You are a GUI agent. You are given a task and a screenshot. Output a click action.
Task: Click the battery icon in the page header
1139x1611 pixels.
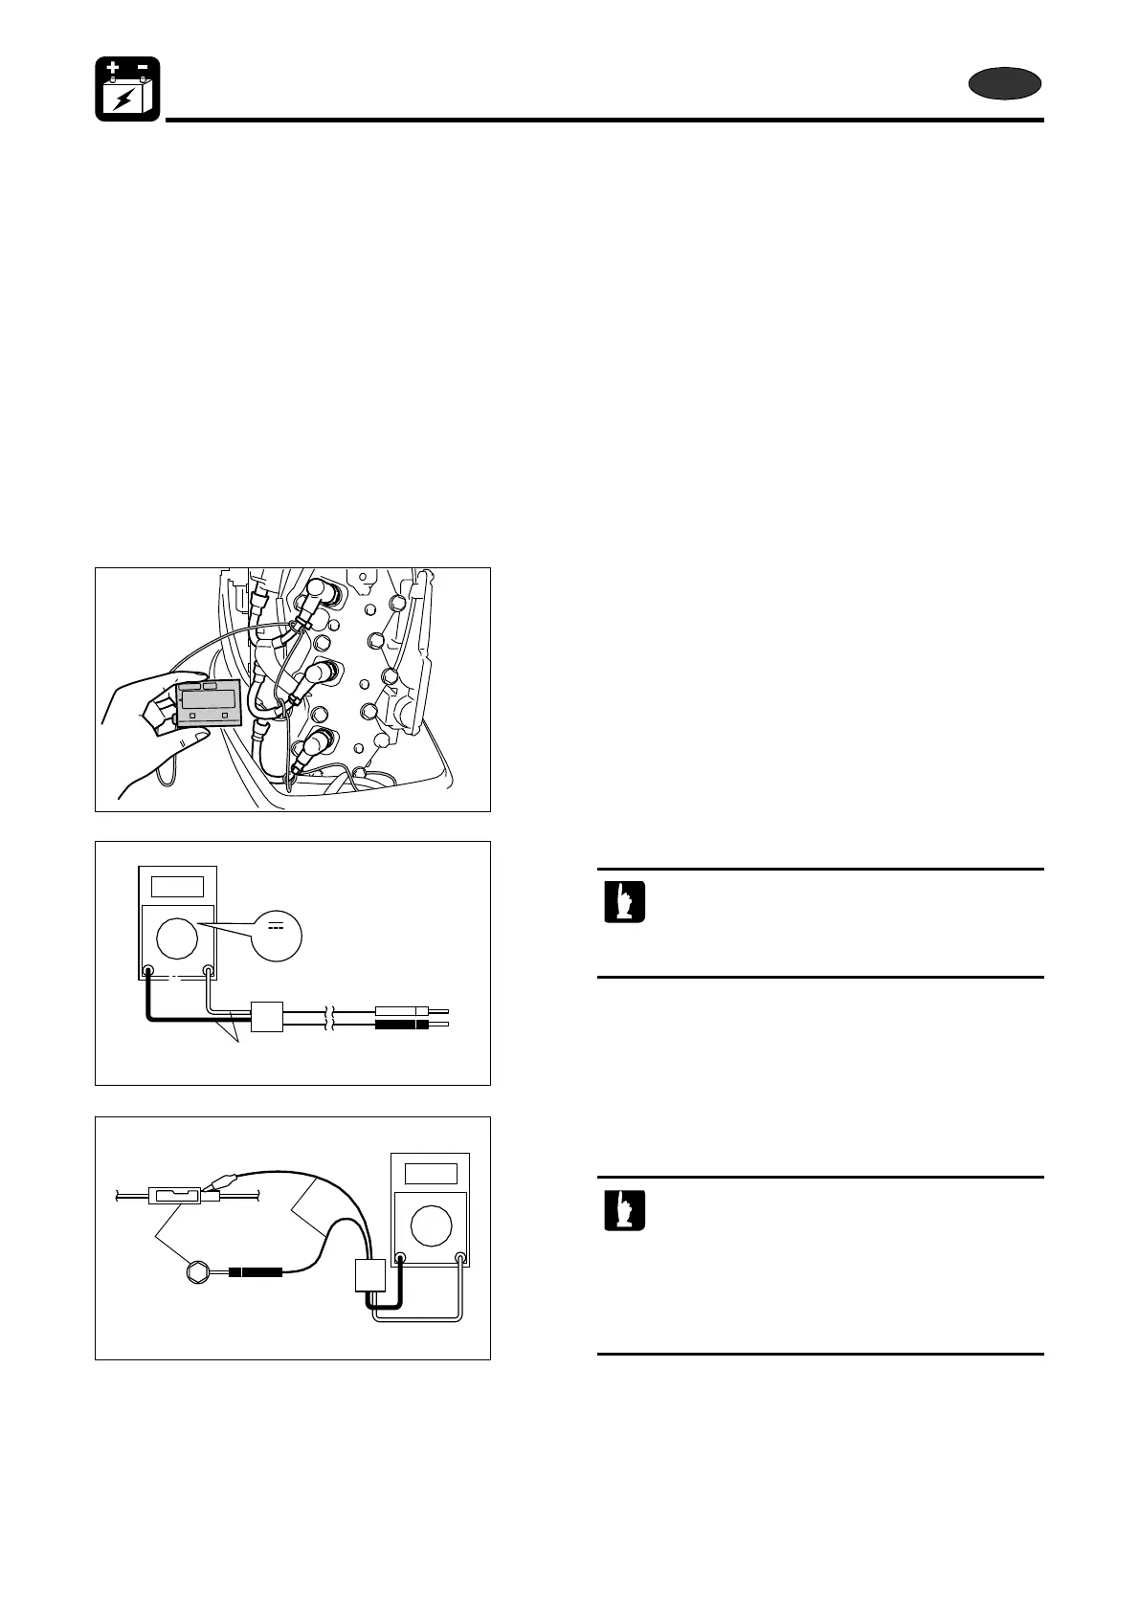point(127,89)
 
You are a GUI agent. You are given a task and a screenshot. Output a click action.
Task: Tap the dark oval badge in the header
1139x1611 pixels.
point(1004,84)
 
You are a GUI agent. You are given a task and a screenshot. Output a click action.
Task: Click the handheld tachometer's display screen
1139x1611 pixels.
point(209,697)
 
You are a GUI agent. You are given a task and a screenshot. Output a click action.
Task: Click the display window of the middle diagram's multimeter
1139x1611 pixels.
point(177,885)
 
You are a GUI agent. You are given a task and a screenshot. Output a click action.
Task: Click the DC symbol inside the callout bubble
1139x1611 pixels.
point(276,926)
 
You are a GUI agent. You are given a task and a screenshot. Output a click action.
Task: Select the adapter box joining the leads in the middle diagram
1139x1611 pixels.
point(266,1017)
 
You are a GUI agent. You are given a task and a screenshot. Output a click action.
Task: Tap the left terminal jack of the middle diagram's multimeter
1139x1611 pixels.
point(148,971)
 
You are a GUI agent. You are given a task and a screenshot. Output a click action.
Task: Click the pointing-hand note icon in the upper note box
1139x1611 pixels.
point(624,902)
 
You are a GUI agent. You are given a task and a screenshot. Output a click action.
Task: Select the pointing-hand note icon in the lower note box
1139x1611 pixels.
point(624,1210)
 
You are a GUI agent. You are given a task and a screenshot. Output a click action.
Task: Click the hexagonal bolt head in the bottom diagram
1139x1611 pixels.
point(198,1272)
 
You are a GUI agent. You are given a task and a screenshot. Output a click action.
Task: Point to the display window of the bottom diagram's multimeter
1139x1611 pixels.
point(431,1173)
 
